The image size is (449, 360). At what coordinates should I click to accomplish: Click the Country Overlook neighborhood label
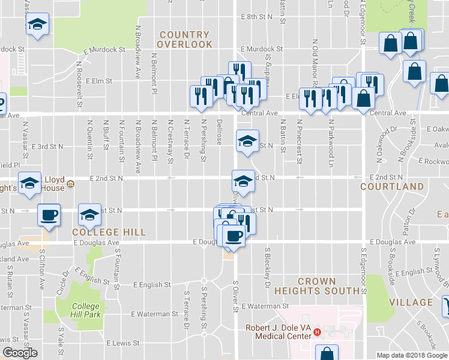point(185,40)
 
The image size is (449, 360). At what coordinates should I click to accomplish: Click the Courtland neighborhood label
point(384,187)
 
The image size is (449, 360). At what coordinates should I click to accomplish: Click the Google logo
point(20,353)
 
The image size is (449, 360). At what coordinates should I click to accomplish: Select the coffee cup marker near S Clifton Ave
point(49,214)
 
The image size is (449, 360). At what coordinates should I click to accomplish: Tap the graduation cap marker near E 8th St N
point(37,25)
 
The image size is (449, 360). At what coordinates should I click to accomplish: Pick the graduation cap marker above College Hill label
point(89,214)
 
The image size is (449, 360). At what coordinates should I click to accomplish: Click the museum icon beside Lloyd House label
point(70,183)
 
